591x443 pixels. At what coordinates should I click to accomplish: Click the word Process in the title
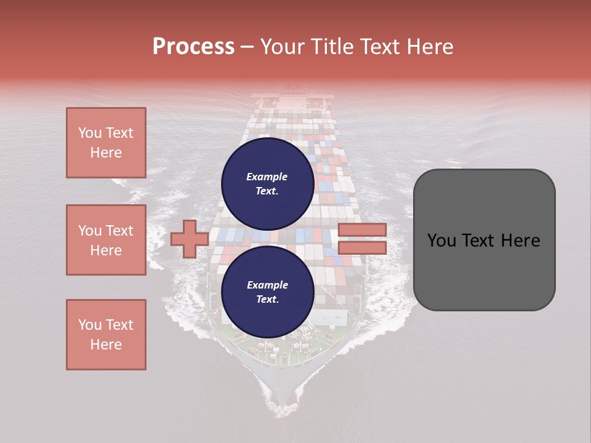click(x=193, y=47)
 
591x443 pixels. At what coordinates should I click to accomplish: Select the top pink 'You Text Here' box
click(x=106, y=143)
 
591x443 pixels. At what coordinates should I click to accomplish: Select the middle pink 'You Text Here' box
click(x=106, y=240)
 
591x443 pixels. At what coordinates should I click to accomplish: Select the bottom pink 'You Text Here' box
click(x=106, y=335)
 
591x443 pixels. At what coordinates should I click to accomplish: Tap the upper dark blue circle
click(x=268, y=183)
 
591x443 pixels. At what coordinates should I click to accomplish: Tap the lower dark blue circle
click(x=268, y=292)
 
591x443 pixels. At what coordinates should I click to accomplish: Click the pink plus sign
click(x=190, y=239)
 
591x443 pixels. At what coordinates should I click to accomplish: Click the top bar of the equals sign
click(x=362, y=230)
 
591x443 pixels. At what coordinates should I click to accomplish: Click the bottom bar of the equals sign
click(x=362, y=247)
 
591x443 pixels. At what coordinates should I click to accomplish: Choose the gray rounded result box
click(x=484, y=240)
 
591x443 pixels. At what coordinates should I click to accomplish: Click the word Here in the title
click(x=429, y=47)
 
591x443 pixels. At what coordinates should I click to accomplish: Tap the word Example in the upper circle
click(x=267, y=177)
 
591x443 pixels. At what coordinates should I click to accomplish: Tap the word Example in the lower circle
click(x=267, y=285)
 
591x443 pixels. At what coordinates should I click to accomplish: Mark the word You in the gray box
click(x=441, y=241)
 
